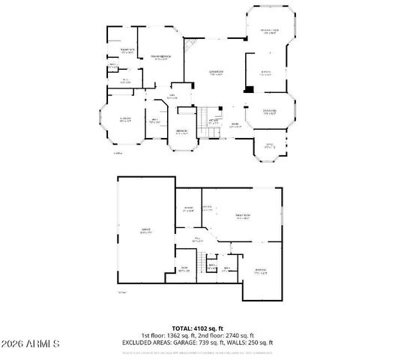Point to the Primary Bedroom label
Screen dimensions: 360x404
161,56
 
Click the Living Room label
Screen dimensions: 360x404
217,71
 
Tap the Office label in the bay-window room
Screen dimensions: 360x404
268,145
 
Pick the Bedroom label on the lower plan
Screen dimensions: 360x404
261,269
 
